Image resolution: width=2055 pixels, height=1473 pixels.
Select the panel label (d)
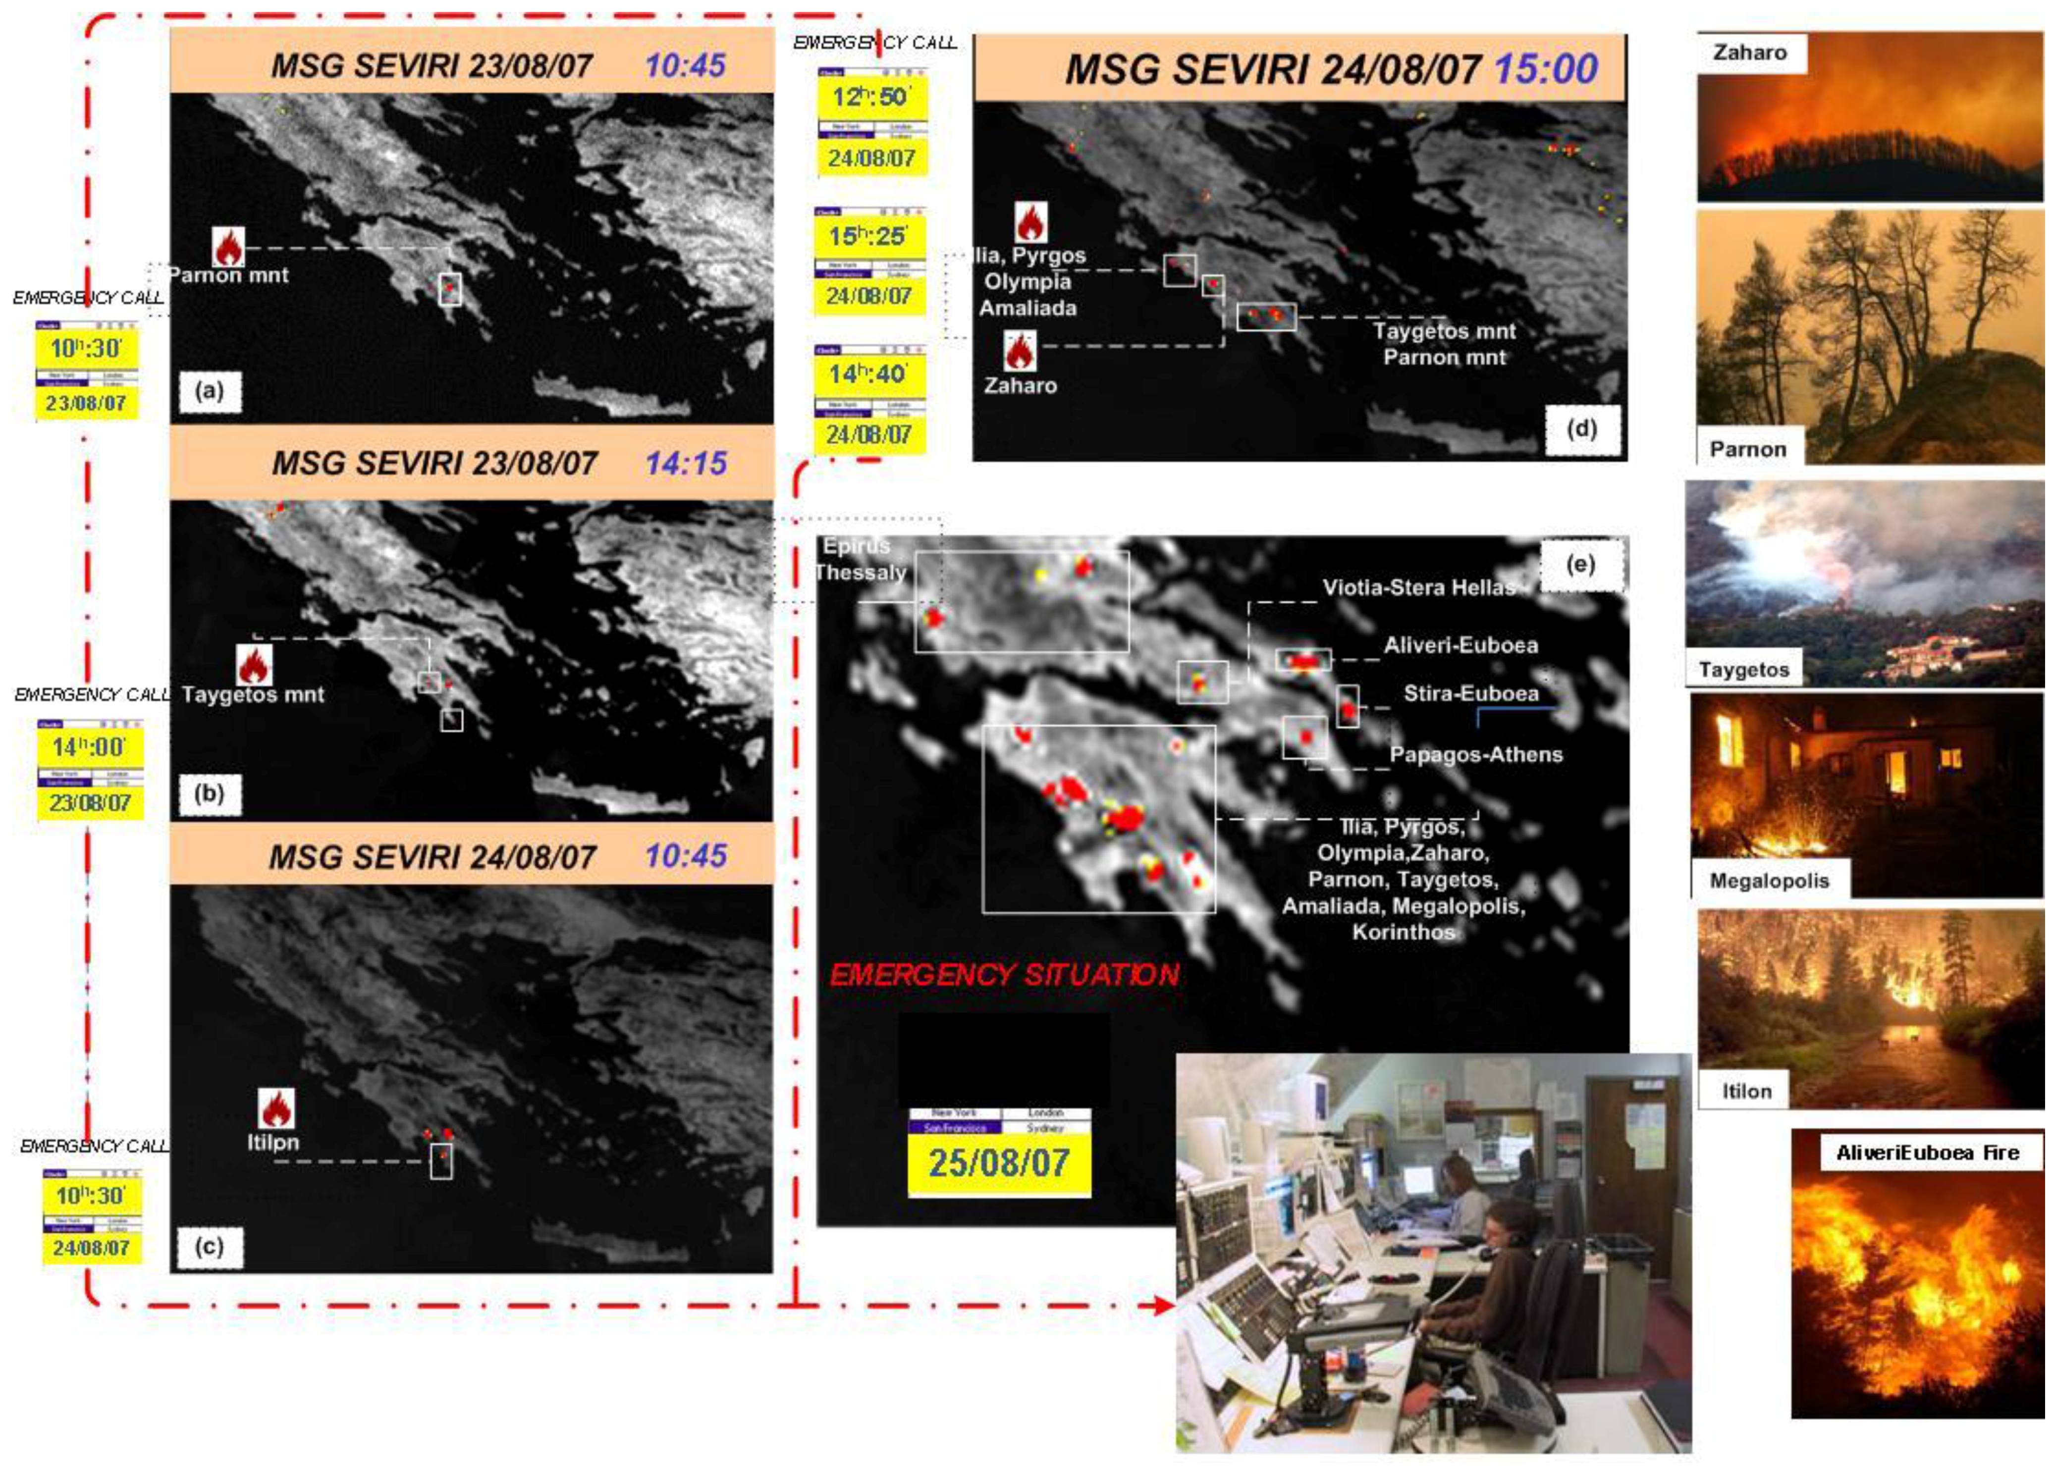coord(1581,428)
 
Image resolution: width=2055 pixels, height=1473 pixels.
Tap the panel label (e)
coord(1580,564)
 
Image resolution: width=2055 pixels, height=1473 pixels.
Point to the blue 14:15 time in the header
coord(686,464)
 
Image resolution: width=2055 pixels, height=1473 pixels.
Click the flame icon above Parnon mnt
coord(228,246)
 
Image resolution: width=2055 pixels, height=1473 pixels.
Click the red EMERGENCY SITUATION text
coord(1004,975)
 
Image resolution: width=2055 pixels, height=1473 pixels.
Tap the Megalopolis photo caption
coord(1769,881)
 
